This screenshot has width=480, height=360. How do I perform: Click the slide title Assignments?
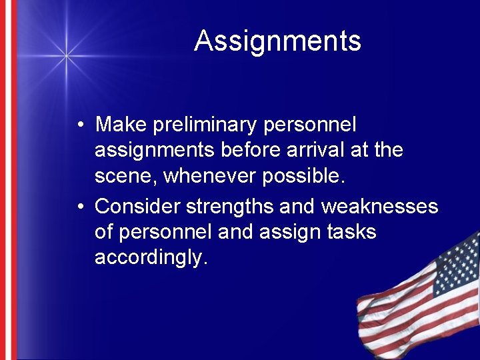[x=277, y=41]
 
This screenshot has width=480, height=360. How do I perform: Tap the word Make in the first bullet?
[x=121, y=125]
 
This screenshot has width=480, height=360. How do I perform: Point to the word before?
[x=249, y=150]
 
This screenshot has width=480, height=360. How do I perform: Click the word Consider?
[x=137, y=207]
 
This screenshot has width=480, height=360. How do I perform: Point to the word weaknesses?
[x=379, y=207]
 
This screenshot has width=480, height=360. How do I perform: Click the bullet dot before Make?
[x=79, y=125]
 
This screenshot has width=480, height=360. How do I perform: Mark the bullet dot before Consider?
[x=79, y=207]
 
